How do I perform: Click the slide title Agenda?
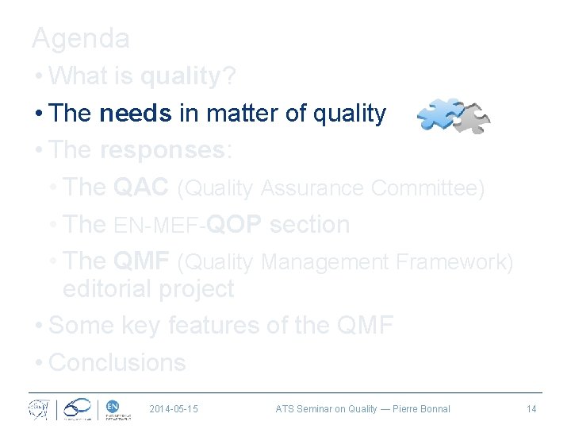[x=80, y=38]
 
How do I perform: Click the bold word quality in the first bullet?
[x=180, y=76]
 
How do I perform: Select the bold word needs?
[x=136, y=114]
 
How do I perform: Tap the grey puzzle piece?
[x=473, y=118]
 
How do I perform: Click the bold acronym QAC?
[x=141, y=187]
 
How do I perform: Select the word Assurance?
[x=312, y=188]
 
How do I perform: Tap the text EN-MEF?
[x=157, y=226]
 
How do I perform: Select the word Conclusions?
[x=117, y=362]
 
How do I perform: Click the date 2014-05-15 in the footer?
[x=174, y=409]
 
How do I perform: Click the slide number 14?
[x=531, y=409]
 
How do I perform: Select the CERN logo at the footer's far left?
[x=38, y=409]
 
